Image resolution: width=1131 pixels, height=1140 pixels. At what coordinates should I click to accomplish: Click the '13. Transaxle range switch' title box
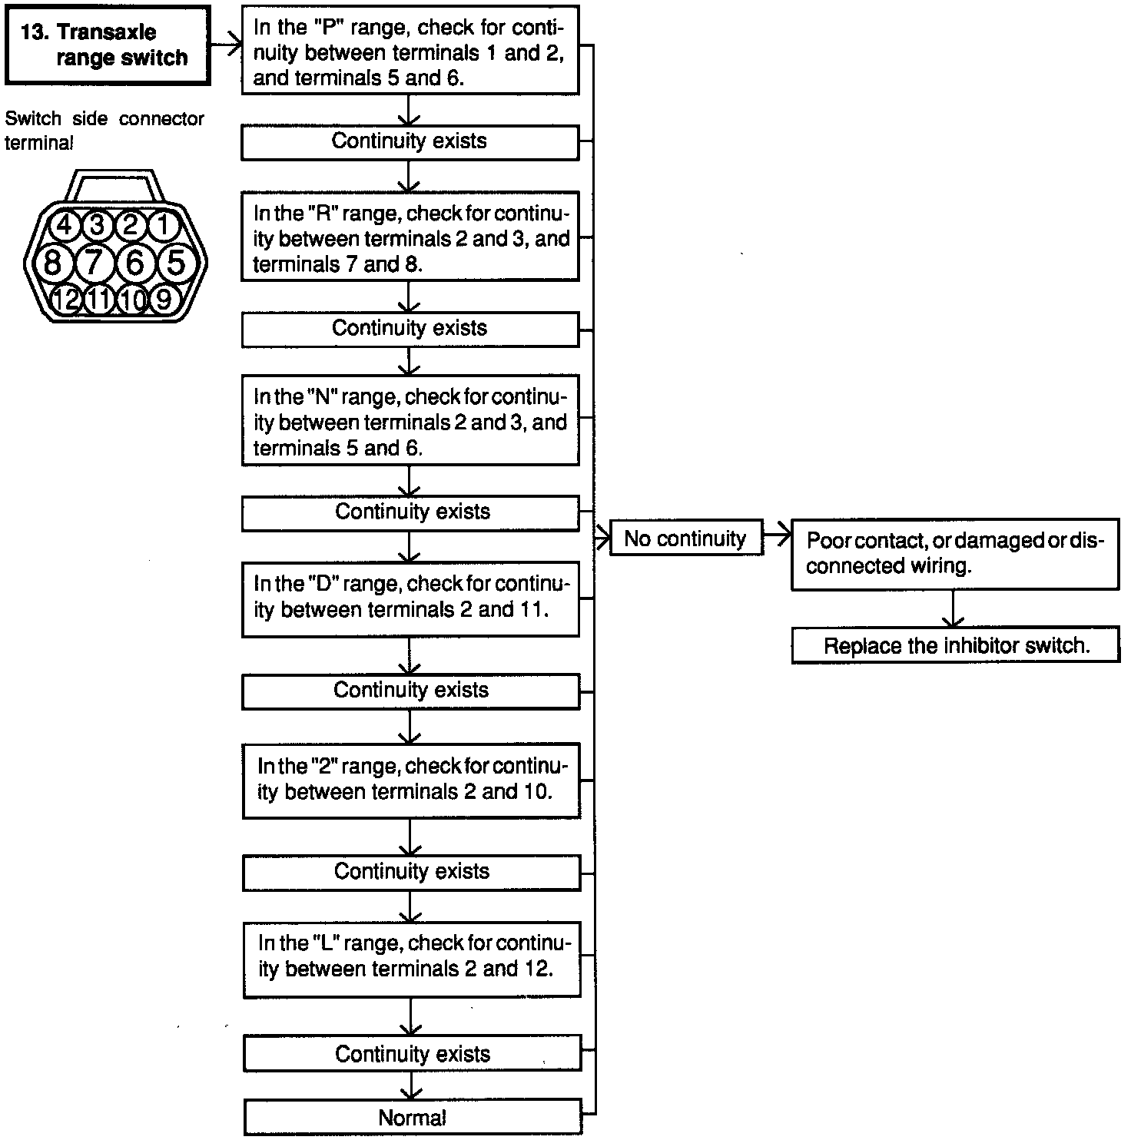tap(107, 45)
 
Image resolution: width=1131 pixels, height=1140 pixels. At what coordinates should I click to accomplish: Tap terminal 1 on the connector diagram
tap(163, 225)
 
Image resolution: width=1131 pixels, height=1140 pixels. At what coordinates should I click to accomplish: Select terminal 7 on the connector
tap(94, 263)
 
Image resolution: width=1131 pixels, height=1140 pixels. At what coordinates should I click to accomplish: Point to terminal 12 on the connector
tap(66, 299)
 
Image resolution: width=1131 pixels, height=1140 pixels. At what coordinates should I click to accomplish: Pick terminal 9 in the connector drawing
tap(163, 299)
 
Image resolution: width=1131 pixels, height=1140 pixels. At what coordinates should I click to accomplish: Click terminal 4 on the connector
tap(65, 225)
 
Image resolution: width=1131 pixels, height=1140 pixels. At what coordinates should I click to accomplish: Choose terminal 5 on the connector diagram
tap(176, 263)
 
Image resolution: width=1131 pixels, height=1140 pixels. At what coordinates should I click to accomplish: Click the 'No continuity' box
tap(685, 539)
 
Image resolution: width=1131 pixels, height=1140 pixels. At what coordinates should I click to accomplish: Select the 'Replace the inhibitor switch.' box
tap(956, 645)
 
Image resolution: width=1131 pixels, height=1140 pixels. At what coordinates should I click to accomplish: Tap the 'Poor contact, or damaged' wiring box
tap(955, 553)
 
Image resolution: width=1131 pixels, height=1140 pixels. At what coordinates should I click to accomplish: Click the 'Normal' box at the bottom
tap(412, 1118)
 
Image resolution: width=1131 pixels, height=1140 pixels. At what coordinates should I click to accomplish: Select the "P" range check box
tap(410, 51)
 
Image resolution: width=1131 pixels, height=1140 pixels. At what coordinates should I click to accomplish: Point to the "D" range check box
tap(410, 598)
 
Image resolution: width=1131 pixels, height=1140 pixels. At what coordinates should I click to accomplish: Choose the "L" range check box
tap(411, 956)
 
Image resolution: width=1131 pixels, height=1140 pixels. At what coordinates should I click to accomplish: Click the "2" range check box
tap(411, 779)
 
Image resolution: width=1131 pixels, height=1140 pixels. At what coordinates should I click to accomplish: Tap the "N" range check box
tap(410, 421)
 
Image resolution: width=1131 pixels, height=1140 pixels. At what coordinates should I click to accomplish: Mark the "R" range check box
tap(410, 237)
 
